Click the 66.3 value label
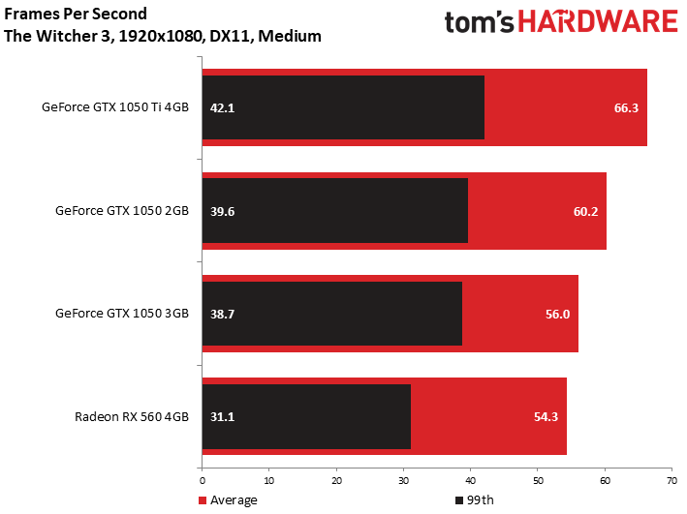pos(626,107)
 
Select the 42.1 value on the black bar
pos(222,107)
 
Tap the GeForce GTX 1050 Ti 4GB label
pos(115,106)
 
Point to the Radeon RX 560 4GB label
pos(132,416)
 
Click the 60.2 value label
pos(586,211)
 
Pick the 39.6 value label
pos(222,211)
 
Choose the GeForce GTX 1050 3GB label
pos(122,313)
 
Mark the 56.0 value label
pos(557,314)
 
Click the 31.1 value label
pos(222,416)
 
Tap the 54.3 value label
pos(546,416)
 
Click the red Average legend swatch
pos(202,500)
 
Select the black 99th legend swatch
pos(459,500)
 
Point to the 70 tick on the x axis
pos(671,481)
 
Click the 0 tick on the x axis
pos(202,481)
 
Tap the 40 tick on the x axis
pos(470,481)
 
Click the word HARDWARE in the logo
pos(598,21)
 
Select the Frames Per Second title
pos(76,14)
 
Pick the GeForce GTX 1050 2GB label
pos(122,211)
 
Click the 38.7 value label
pos(222,314)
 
